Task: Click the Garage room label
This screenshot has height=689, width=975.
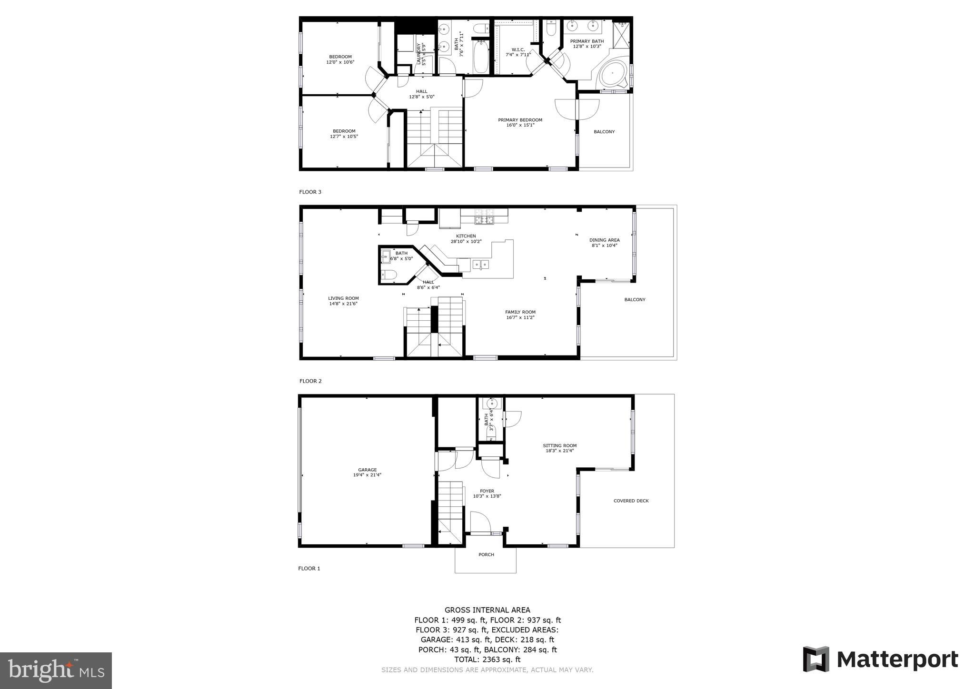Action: [367, 470]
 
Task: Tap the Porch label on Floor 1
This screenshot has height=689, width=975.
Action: [486, 555]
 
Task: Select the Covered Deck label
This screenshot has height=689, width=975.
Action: [631, 501]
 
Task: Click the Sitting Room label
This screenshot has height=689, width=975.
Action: [559, 446]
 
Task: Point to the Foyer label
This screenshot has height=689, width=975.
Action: [487, 491]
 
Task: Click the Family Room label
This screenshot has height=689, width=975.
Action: [520, 312]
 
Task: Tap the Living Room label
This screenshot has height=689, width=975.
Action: [343, 298]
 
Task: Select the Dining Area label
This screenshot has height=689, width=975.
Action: [604, 240]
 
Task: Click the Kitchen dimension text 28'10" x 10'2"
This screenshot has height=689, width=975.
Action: [466, 241]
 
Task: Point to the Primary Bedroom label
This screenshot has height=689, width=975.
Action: [520, 120]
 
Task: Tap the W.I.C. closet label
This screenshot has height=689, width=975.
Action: [518, 49]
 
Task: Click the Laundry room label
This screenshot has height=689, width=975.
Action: [419, 53]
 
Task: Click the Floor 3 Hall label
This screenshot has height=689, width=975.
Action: [421, 91]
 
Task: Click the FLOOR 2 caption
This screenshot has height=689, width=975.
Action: [310, 381]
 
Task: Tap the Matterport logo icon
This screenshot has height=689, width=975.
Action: [816, 659]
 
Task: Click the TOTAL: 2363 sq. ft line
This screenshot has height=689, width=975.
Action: [487, 659]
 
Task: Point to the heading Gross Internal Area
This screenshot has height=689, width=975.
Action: [487, 610]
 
